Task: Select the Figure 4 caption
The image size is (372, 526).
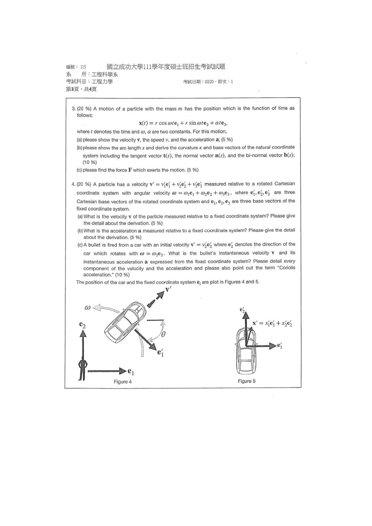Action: pos(122,382)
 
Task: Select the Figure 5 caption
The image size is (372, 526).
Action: pos(247,381)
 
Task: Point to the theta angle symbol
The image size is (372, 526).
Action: pos(163,334)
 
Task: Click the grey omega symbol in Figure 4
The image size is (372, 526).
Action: pos(87,307)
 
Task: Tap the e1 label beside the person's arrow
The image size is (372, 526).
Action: pos(131,372)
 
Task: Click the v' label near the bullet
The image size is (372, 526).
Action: pos(168,290)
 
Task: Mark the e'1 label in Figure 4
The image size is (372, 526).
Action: pos(160,353)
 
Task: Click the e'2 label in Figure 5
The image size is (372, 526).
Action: pos(242,310)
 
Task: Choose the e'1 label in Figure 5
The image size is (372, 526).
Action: pos(280,345)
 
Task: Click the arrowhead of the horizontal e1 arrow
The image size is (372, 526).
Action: pos(123,371)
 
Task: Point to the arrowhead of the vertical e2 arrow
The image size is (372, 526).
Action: pos(82,333)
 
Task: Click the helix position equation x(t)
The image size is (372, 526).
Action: pos(183,123)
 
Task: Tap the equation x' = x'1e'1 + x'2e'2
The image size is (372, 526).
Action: pos(272,323)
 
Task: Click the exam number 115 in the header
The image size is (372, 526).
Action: pos(83,67)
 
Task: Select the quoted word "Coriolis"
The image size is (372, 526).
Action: pos(286,268)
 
